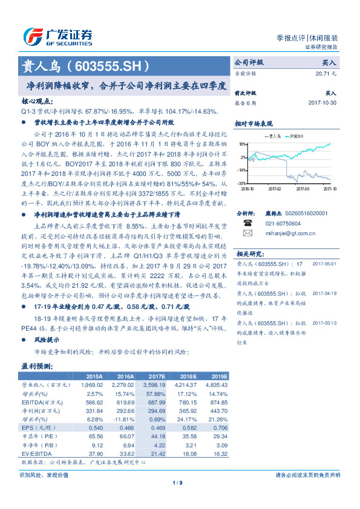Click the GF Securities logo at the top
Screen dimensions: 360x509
pyautogui.click(x=57, y=36)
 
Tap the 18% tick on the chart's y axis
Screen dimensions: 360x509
pyautogui.click(x=241, y=144)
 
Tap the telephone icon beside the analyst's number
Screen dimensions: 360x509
pyautogui.click(x=247, y=222)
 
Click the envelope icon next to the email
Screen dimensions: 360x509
pyautogui.click(x=247, y=232)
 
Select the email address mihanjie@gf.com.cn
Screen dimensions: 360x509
pyautogui.click(x=284, y=232)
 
